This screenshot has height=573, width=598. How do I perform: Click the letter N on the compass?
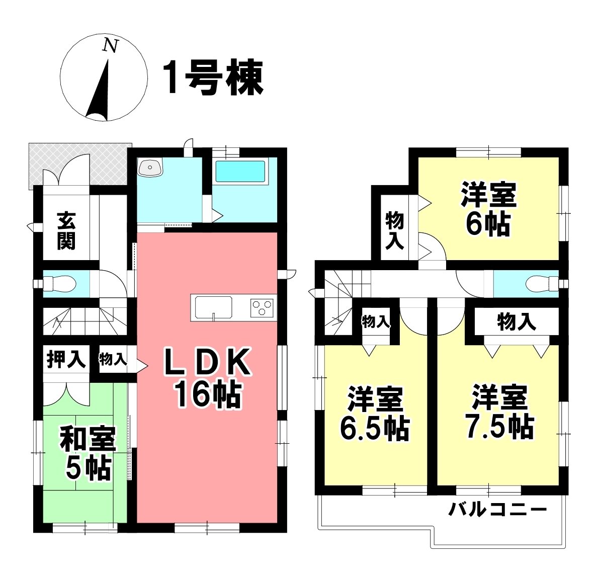click(x=110, y=46)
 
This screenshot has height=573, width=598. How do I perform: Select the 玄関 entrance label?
click(x=66, y=231)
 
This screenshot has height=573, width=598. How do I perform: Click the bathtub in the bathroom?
click(x=240, y=171)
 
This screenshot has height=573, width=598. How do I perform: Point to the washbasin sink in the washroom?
click(x=150, y=168)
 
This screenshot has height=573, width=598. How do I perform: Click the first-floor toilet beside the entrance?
click(x=60, y=284)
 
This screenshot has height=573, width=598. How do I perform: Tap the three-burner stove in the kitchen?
click(x=262, y=307)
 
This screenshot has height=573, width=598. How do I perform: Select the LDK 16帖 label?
click(x=207, y=378)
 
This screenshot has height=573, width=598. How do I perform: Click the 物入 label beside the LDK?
click(x=113, y=359)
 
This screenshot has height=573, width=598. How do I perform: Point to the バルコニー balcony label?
click(x=497, y=510)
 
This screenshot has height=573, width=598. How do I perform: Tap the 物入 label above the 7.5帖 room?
click(x=517, y=321)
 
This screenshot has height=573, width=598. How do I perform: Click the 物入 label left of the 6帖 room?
click(x=395, y=230)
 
